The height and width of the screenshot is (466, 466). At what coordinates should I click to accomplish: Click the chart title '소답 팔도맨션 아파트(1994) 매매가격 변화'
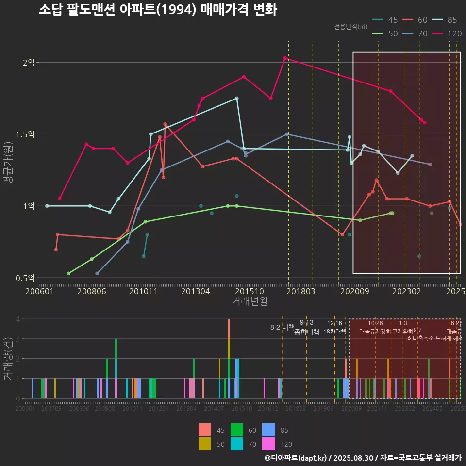[158, 10]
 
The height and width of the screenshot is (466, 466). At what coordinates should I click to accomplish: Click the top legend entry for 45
[386, 20]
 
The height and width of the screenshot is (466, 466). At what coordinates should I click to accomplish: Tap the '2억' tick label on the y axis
[29, 63]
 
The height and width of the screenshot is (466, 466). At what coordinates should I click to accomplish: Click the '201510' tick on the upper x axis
[250, 291]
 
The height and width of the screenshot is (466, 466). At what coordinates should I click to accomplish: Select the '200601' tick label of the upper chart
[39, 291]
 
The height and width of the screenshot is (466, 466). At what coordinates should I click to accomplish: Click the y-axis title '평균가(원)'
[9, 170]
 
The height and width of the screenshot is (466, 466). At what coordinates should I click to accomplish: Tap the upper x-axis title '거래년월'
[250, 301]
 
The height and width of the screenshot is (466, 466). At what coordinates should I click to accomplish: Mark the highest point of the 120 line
[285, 58]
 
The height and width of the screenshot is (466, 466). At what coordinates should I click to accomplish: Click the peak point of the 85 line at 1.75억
[236, 99]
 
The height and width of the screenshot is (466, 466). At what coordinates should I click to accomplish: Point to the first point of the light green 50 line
[68, 274]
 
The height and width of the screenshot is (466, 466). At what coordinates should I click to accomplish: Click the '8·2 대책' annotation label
[283, 327]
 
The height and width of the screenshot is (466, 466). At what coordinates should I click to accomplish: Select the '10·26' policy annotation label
[375, 323]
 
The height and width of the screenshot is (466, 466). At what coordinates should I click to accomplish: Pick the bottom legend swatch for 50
[205, 444]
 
